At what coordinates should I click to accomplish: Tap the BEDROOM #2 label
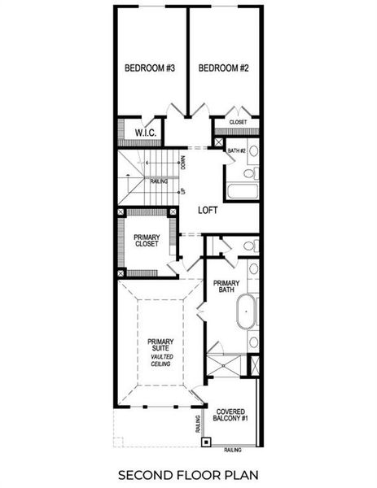(223, 68)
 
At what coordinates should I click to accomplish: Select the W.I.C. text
(145, 131)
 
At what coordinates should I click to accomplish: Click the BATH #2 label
(236, 150)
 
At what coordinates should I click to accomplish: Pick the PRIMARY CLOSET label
(147, 242)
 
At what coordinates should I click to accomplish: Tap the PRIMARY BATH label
(225, 289)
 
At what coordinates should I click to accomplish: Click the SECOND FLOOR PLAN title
(188, 474)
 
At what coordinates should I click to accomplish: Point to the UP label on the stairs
(183, 191)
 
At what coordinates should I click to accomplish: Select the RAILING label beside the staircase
(159, 184)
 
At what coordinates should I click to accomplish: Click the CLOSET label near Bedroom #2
(238, 122)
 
